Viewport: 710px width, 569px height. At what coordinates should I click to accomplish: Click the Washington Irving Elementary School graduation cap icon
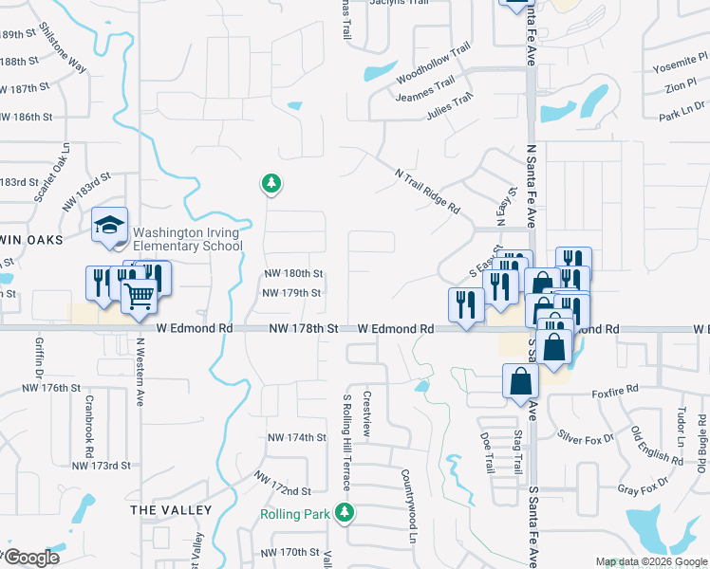[x=110, y=225]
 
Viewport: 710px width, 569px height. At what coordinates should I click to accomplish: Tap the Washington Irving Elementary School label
[x=188, y=238]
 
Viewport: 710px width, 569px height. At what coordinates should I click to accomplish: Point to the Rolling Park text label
[x=295, y=514]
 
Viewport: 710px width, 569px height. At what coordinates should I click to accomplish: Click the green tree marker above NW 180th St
[x=271, y=183]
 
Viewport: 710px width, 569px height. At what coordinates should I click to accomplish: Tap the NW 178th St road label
[x=304, y=328]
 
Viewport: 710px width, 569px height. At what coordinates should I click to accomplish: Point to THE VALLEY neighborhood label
[x=171, y=510]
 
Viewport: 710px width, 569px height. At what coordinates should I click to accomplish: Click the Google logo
[x=32, y=558]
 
